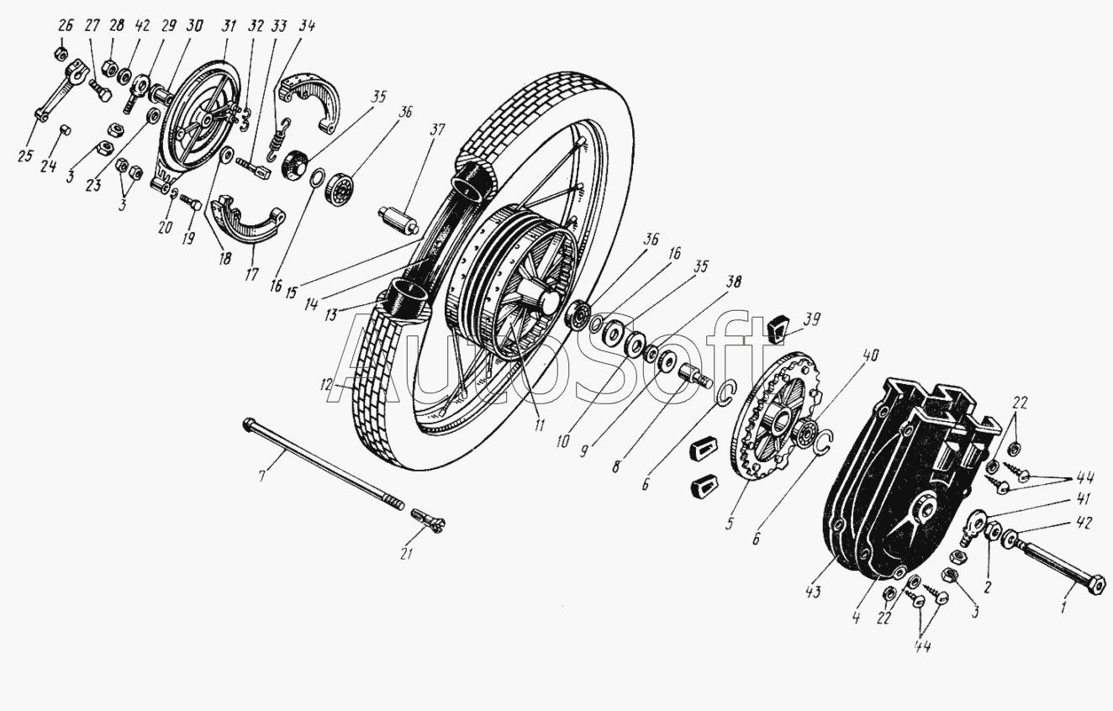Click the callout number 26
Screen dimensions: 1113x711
click(65, 25)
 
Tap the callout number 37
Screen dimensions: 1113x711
click(437, 130)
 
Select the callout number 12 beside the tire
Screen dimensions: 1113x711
click(326, 385)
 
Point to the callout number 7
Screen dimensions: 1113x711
click(261, 476)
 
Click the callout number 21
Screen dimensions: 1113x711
click(406, 554)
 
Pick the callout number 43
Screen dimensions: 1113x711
click(813, 592)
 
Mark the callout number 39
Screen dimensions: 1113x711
click(812, 319)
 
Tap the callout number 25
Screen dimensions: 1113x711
click(25, 156)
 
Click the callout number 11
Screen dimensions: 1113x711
click(540, 425)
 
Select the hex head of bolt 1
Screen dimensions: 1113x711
click(1096, 586)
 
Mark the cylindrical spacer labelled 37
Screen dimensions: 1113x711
click(400, 220)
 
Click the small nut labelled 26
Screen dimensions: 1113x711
click(61, 53)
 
